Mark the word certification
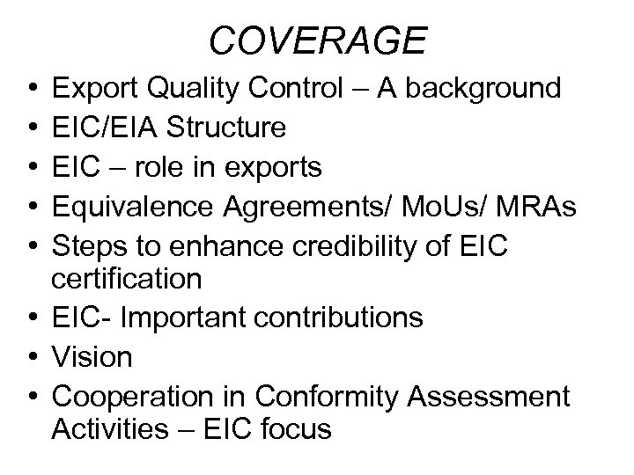[x=128, y=280]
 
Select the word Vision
[x=92, y=356]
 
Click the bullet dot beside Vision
[x=31, y=357]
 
